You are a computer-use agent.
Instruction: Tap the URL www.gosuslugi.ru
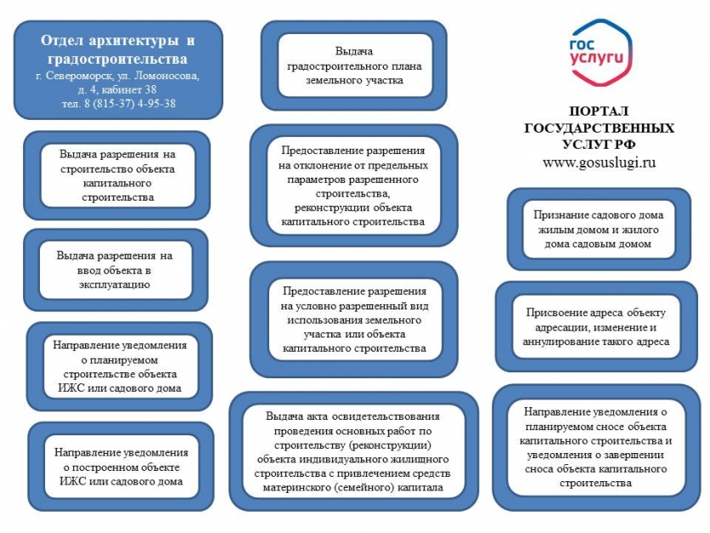[600, 162]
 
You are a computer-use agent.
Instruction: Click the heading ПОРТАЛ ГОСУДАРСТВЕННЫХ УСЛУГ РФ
[600, 128]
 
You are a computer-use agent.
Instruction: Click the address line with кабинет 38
[117, 89]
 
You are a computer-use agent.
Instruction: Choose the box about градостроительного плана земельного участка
[354, 66]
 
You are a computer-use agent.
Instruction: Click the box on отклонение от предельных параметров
[352, 186]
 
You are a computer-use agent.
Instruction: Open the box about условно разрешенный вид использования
[352, 315]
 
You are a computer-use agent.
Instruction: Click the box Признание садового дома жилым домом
[599, 229]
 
